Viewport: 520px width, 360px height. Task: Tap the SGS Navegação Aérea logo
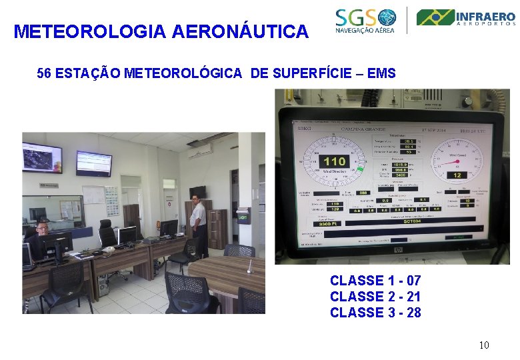point(366,20)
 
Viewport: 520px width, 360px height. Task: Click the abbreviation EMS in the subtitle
point(381,73)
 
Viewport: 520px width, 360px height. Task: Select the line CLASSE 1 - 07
point(375,281)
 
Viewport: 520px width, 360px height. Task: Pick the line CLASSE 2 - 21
point(375,297)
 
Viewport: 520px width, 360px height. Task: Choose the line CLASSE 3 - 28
point(375,313)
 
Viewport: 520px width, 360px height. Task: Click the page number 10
point(484,345)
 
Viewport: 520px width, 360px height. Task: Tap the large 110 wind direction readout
point(334,161)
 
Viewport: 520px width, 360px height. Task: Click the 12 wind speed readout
point(457,175)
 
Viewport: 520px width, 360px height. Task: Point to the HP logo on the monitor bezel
point(398,250)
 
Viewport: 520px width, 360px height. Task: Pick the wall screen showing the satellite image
point(42,157)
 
